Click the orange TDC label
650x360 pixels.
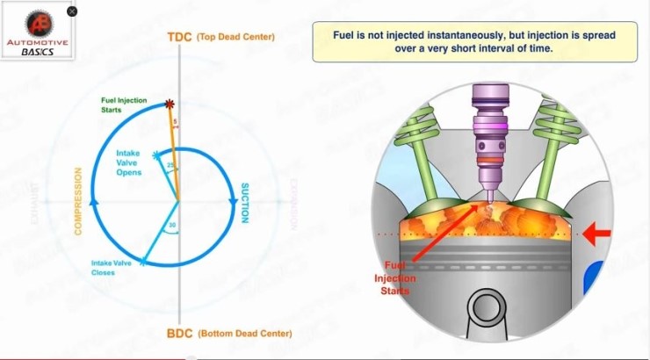[x=178, y=37]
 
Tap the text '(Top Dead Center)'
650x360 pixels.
[x=235, y=37]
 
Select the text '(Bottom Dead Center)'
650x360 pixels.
[x=245, y=334]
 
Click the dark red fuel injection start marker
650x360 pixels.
[x=169, y=104]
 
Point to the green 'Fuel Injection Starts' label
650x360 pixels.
[x=125, y=105]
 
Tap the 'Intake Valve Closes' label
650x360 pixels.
[x=112, y=267]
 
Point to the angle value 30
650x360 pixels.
[x=172, y=225]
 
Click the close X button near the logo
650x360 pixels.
[x=72, y=11]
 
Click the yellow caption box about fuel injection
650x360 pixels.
[x=474, y=42]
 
